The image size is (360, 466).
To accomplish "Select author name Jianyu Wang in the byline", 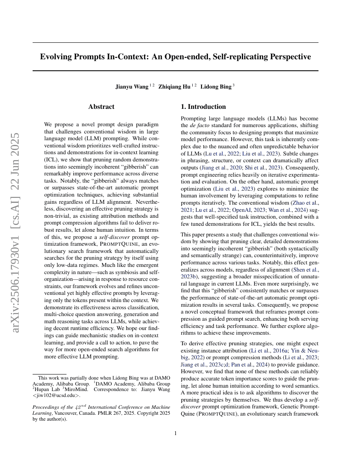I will (132, 87).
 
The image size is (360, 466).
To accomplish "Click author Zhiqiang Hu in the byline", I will (174, 87).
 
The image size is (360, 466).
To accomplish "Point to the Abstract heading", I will (101, 107).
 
